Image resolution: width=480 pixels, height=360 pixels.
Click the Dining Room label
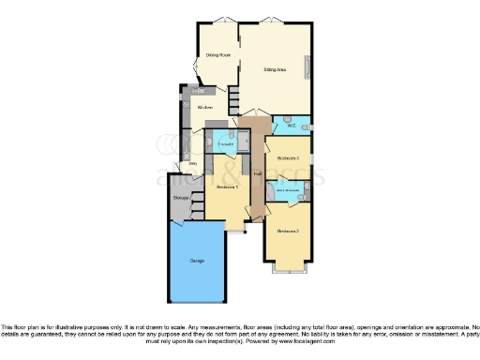tap(218, 55)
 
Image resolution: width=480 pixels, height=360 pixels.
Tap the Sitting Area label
tap(274, 69)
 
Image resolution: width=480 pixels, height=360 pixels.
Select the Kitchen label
tap(204, 108)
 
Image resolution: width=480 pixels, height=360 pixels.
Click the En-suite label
tap(224, 143)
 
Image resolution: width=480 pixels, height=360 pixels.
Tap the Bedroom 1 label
tap(228, 187)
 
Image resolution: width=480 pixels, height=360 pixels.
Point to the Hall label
tap(256, 173)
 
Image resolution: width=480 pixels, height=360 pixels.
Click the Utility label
tap(193, 163)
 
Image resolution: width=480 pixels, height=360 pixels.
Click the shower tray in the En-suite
tap(241, 142)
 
